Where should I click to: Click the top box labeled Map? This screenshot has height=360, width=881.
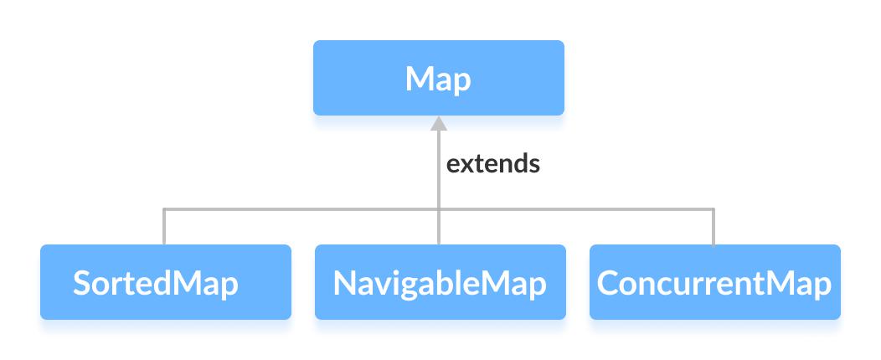click(x=438, y=78)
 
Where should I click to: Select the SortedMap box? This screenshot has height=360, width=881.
click(x=165, y=282)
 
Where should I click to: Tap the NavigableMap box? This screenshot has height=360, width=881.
click(x=440, y=282)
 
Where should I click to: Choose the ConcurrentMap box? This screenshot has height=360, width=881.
click(x=714, y=282)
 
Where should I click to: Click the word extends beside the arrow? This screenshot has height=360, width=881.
click(x=492, y=163)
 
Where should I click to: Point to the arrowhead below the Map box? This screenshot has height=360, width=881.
click(x=439, y=125)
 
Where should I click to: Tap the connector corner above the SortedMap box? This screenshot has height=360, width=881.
click(x=164, y=209)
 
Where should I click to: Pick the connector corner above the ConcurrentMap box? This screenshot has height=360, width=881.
click(x=714, y=209)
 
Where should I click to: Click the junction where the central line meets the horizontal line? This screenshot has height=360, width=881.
click(x=439, y=209)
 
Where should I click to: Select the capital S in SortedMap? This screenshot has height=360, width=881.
click(x=82, y=283)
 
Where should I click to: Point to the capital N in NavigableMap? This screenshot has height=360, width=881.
click(x=345, y=283)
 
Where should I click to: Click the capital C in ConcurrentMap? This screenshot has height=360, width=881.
click(x=608, y=283)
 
